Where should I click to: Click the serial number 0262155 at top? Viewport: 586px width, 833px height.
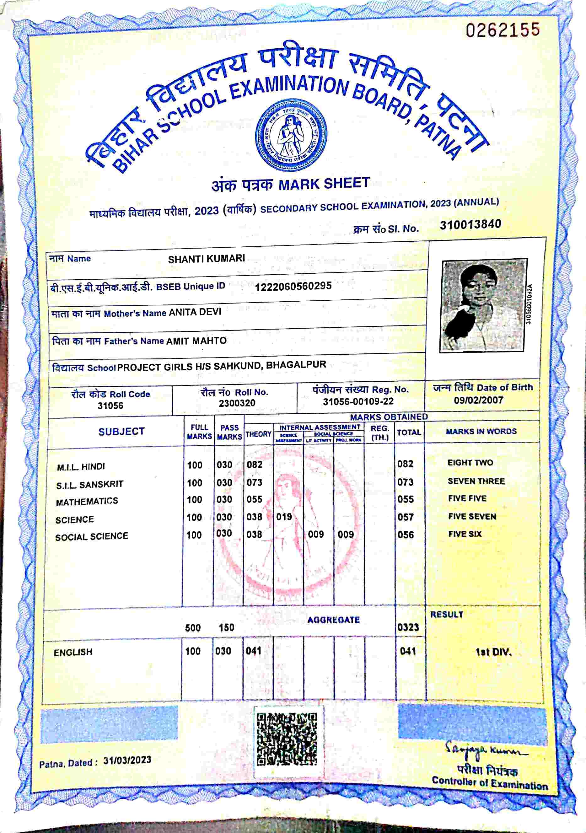[x=503, y=30]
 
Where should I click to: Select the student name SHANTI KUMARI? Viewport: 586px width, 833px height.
[x=207, y=259]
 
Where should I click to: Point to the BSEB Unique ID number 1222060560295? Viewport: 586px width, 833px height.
[x=293, y=286]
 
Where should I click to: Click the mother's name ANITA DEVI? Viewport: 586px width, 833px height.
[x=195, y=312]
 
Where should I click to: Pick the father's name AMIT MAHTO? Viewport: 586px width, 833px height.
[x=196, y=341]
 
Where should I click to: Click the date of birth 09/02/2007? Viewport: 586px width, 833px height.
[x=478, y=400]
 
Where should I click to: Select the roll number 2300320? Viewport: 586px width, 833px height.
[x=237, y=403]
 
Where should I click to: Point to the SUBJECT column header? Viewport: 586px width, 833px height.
[x=121, y=431]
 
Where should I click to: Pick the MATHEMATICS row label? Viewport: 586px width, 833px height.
[x=87, y=501]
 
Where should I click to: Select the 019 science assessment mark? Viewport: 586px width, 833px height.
[x=284, y=516]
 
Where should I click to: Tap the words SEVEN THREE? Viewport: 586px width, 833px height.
[x=476, y=481]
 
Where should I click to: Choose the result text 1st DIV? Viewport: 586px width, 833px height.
[x=493, y=652]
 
